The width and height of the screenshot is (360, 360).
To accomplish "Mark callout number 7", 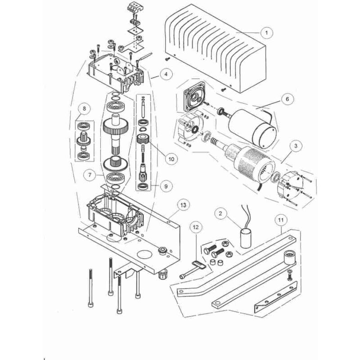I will coord(90,172).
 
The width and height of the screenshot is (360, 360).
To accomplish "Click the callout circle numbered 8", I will coord(83,108).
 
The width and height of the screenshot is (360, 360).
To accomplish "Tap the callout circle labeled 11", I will coord(280,220).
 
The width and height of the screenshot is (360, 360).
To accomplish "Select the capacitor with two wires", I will coord(246,237).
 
